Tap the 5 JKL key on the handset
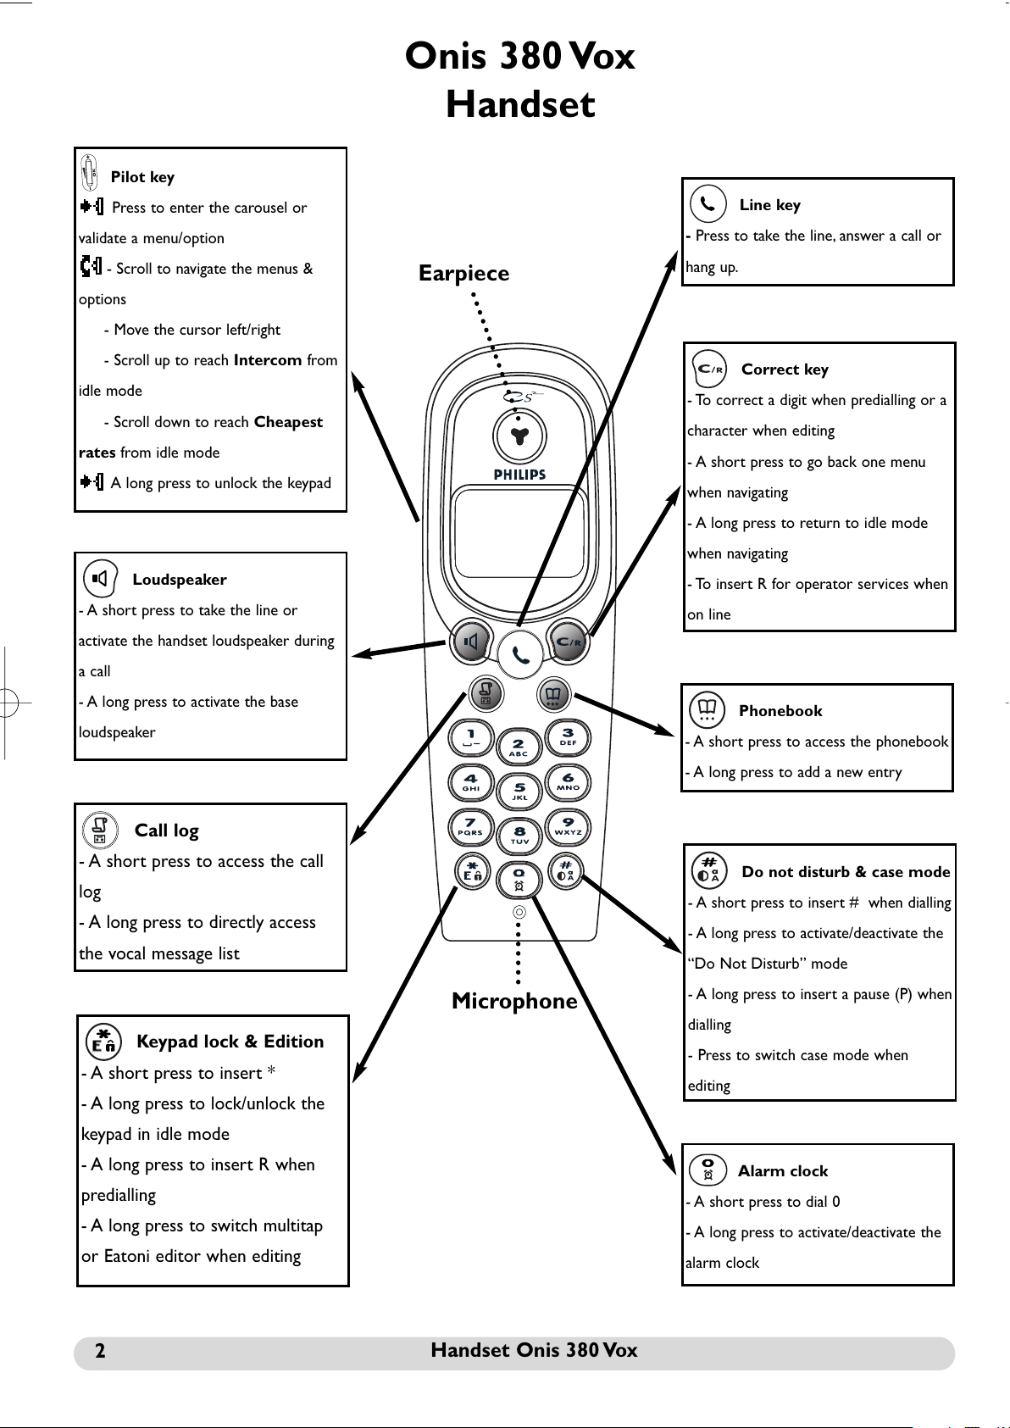point(519,791)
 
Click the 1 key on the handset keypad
point(471,738)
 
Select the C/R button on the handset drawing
point(568,642)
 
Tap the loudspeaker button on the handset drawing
point(472,642)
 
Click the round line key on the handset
point(520,654)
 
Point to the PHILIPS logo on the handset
point(519,475)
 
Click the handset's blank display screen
point(519,534)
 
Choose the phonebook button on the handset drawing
point(553,694)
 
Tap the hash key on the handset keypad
point(566,871)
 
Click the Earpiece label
point(463,273)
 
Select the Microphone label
point(514,1001)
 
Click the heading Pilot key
point(142,177)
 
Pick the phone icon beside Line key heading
point(708,203)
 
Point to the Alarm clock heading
point(783,1170)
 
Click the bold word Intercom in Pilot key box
point(268,360)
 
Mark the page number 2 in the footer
point(100,1350)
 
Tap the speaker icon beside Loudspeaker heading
point(101,578)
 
